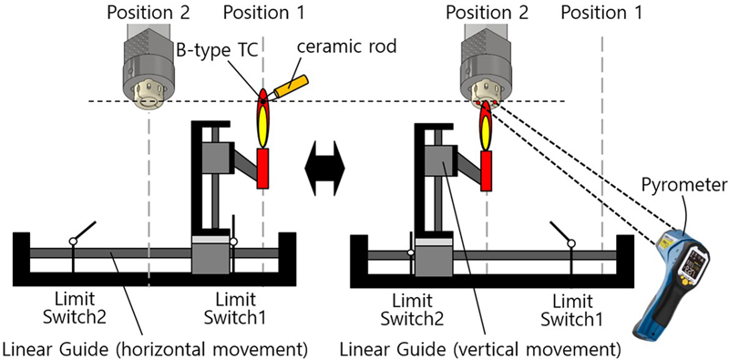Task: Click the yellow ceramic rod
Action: point(292,86)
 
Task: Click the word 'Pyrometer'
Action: point(687,185)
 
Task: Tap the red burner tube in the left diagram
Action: point(262,169)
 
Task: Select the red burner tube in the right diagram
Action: point(487,170)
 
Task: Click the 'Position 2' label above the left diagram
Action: point(149,12)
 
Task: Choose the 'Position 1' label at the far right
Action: point(601,12)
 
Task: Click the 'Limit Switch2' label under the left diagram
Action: point(75,307)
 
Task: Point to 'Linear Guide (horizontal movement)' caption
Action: point(155,347)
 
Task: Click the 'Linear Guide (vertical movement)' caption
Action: point(481,347)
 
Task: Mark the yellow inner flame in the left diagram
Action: point(262,126)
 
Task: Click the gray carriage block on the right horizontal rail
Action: point(435,256)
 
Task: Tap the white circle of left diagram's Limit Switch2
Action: point(73,242)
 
